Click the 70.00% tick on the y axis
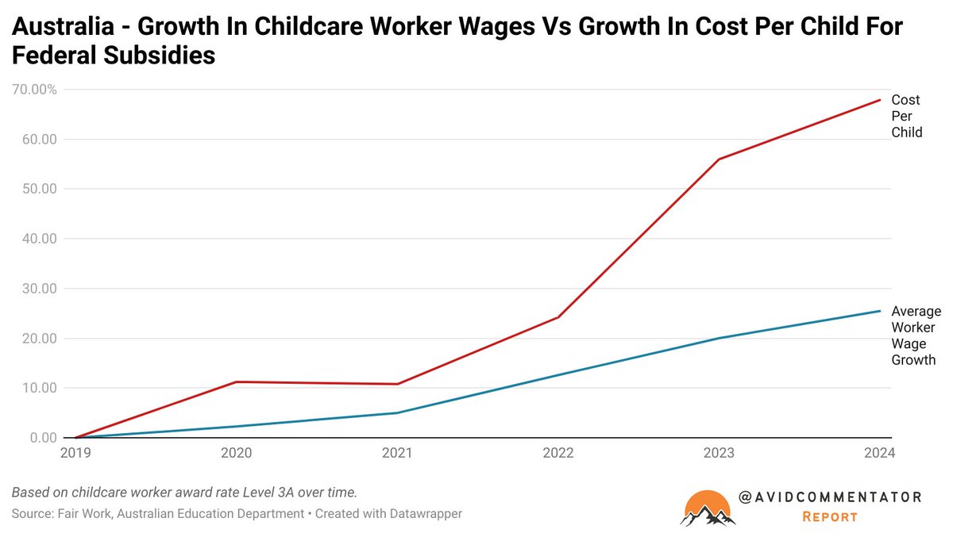click(34, 90)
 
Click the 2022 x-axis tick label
click(558, 453)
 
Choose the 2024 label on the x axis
click(879, 453)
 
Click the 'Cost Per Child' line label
click(906, 117)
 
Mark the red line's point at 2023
click(719, 159)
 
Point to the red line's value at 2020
click(236, 382)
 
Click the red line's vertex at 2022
click(558, 317)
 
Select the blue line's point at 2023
click(719, 338)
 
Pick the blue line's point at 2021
click(397, 412)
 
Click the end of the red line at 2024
click(880, 100)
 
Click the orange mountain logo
click(707, 508)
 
